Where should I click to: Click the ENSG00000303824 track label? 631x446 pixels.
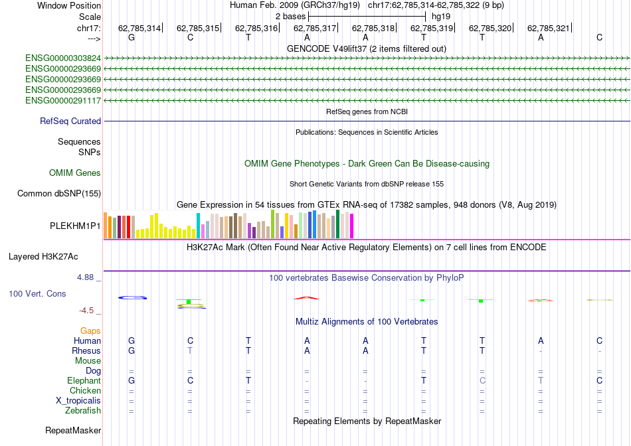tap(63, 58)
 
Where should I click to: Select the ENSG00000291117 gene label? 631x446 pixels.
tap(63, 101)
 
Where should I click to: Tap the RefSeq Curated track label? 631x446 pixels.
tap(70, 121)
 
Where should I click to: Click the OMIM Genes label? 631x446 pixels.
tap(75, 173)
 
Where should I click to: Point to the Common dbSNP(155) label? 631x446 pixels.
tap(59, 194)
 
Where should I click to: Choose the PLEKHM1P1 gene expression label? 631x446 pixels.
tap(75, 226)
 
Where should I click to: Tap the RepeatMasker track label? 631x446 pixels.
tap(73, 431)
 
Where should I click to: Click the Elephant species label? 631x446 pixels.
tap(84, 381)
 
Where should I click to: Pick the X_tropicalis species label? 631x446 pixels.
tap(78, 401)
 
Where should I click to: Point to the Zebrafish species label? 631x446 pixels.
tap(82, 411)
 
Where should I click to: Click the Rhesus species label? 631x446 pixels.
tap(86, 350)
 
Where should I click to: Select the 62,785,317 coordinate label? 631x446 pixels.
tap(315, 29)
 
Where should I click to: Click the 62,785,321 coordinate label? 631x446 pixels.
tap(549, 29)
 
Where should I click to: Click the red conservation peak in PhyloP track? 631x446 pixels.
tap(307, 297)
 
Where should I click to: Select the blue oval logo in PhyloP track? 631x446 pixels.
tap(132, 297)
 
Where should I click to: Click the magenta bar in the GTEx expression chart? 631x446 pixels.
tap(351, 225)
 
